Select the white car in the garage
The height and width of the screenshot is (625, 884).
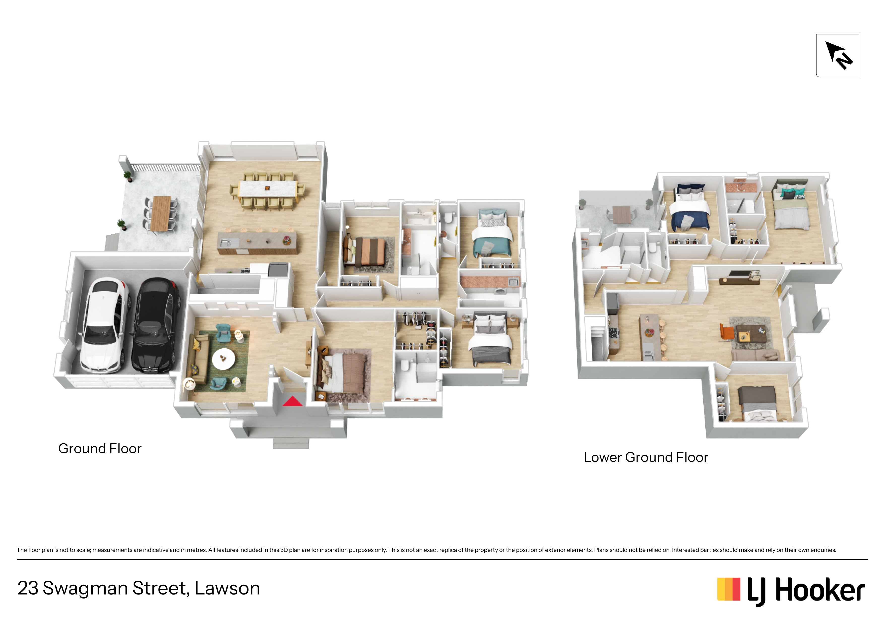(105, 325)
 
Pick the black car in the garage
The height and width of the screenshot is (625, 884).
(155, 325)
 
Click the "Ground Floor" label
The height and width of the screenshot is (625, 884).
(100, 449)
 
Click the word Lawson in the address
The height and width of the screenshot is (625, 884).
(227, 588)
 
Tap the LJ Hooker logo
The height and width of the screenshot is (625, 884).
(791, 590)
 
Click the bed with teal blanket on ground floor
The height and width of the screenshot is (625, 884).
(492, 234)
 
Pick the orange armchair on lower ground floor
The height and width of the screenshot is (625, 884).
(727, 332)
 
